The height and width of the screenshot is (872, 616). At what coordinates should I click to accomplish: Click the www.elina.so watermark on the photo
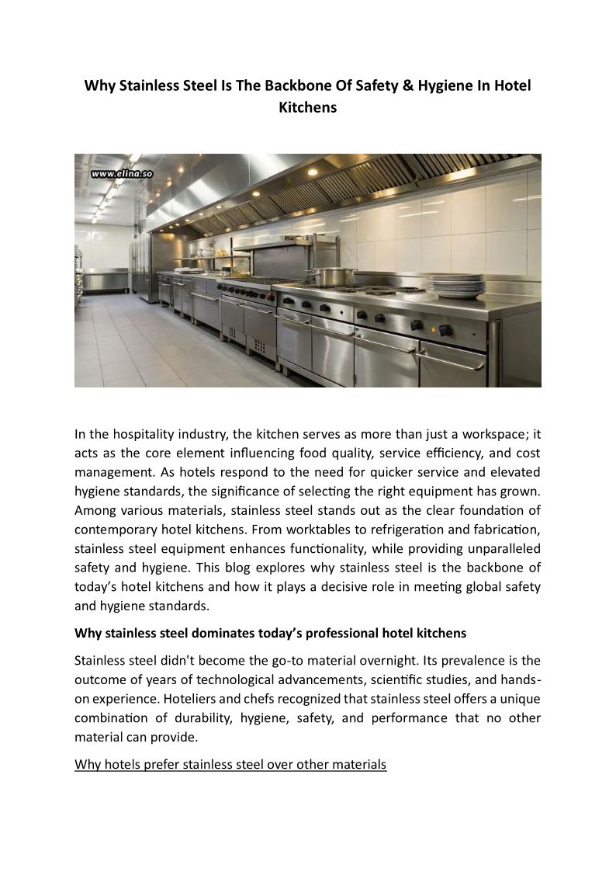click(121, 174)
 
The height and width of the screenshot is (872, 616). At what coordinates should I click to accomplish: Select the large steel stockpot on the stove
click(334, 276)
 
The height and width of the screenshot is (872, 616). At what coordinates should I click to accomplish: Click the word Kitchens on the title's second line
click(308, 108)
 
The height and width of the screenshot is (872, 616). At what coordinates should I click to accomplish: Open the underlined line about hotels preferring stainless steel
click(230, 765)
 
